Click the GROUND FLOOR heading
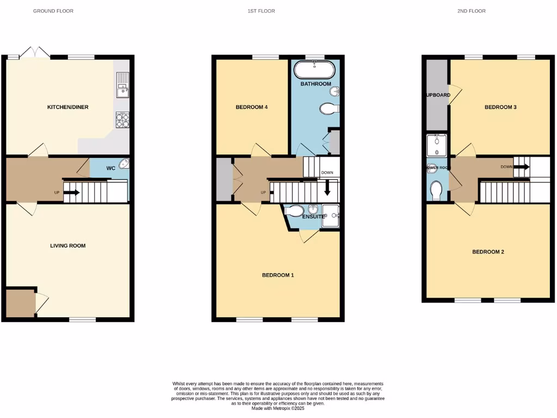pos(53,11)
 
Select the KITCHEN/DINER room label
pos(67,107)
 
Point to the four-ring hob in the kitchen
pos(122,120)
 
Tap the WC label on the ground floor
pos(110,168)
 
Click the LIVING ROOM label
pos(67,246)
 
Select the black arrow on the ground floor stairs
pos(72,192)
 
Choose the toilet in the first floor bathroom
pos(329,109)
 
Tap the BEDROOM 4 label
pos(251,107)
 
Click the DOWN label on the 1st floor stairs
pos(327,173)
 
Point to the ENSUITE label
pos(313,217)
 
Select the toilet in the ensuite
pos(293,211)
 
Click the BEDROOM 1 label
pos(278,275)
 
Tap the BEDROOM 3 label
pos(500,107)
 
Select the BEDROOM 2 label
pos(488,252)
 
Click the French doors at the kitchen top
pos(35,53)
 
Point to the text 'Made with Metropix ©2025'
pos(278,408)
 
